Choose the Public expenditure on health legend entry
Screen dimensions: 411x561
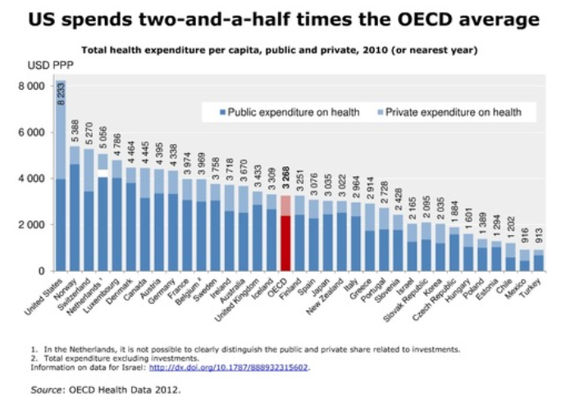click(x=287, y=111)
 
